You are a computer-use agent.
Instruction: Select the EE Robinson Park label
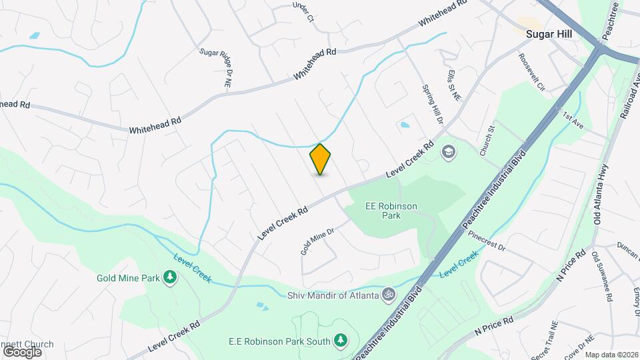click(x=391, y=211)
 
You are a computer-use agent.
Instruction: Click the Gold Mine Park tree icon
click(x=170, y=277)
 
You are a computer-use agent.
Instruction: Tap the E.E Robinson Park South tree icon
click(x=341, y=341)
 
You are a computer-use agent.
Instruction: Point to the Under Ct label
click(x=303, y=13)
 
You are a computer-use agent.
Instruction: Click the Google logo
click(x=22, y=351)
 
